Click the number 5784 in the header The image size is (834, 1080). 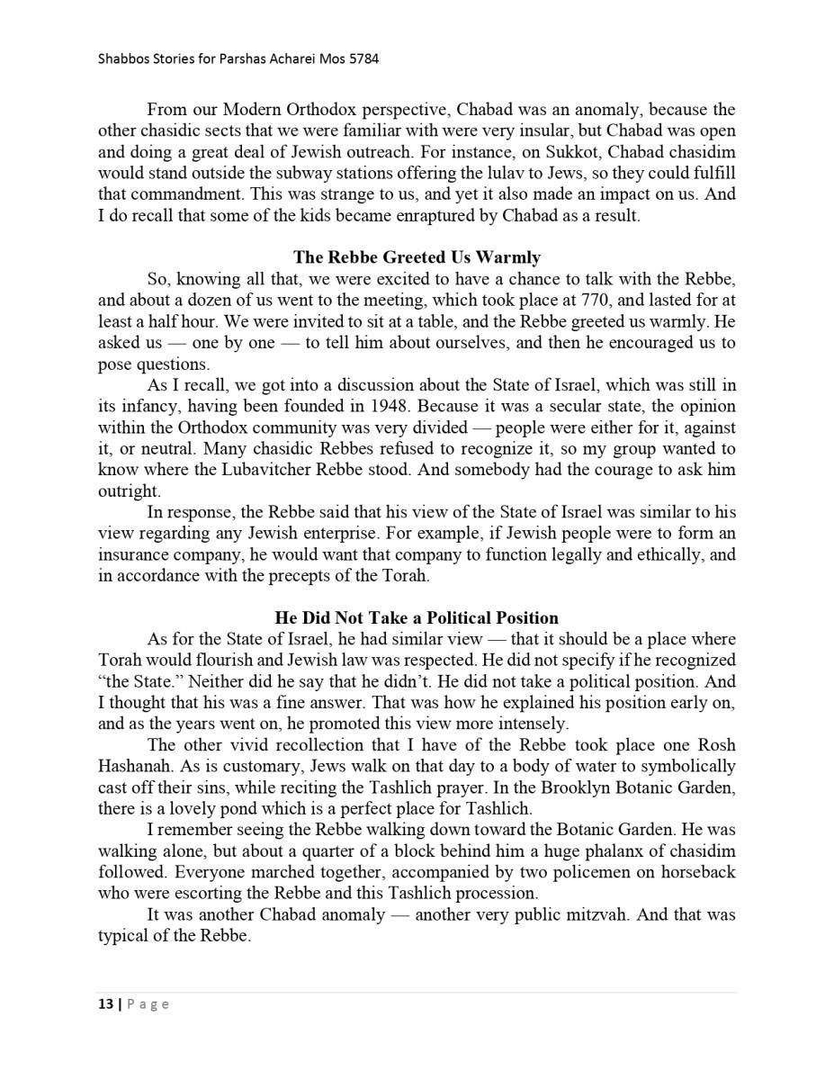363,59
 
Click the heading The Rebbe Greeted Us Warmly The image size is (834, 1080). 417,257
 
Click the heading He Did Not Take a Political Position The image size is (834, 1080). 417,617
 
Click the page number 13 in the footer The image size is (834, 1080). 105,1004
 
